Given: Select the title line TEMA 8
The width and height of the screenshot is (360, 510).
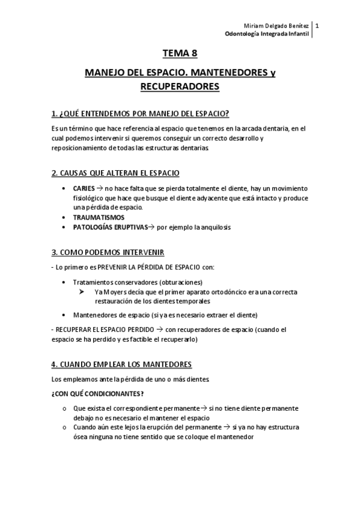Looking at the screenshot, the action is (x=180, y=53).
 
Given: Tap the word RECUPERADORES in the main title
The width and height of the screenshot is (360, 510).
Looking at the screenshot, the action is (x=180, y=87).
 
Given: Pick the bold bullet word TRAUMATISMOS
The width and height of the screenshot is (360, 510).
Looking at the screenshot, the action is (x=99, y=217).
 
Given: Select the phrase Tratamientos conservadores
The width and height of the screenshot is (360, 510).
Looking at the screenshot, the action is (x=115, y=282).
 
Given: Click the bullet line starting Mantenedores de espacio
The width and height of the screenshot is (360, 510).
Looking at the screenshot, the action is (x=165, y=315).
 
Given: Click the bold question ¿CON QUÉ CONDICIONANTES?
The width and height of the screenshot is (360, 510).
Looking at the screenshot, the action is (x=98, y=394).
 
